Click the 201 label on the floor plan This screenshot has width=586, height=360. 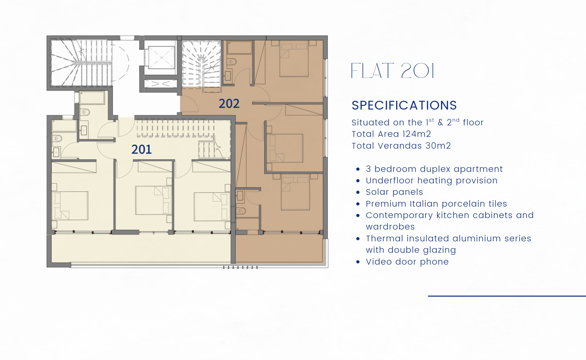pyautogui.click(x=142, y=149)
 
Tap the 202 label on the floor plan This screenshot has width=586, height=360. pyautogui.click(x=229, y=103)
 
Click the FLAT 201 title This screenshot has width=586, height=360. pyautogui.click(x=393, y=71)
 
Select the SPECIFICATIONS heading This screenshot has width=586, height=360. pyautogui.click(x=404, y=106)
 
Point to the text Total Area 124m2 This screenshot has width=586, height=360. pyautogui.click(x=391, y=134)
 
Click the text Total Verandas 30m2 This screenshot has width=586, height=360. pyautogui.click(x=401, y=146)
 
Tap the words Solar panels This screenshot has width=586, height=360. pyautogui.click(x=394, y=192)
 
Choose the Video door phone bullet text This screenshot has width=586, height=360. pyautogui.click(x=407, y=262)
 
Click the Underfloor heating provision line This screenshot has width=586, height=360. pyautogui.click(x=432, y=180)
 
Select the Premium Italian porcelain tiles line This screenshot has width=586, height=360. pyautogui.click(x=436, y=204)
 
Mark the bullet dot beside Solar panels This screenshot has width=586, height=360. pyautogui.click(x=358, y=192)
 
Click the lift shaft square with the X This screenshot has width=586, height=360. pyautogui.click(x=162, y=57)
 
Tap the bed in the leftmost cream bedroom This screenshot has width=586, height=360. pyautogui.click(x=70, y=206)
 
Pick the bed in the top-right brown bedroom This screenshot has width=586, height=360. pyautogui.click(x=294, y=59)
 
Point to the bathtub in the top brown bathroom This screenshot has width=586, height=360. pyautogui.click(x=240, y=48)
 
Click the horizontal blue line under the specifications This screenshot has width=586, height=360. pyautogui.click(x=507, y=296)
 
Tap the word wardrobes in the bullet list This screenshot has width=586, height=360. pyautogui.click(x=390, y=227)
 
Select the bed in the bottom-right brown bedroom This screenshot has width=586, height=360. pyautogui.click(x=295, y=192)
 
